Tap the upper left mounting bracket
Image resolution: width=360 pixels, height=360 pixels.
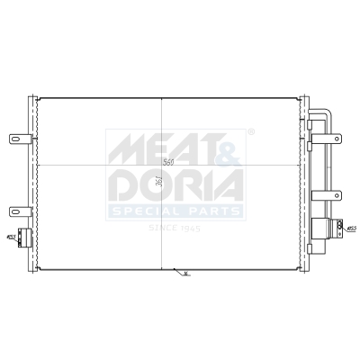pos(19,139)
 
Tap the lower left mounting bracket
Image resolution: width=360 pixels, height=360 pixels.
pos(19,212)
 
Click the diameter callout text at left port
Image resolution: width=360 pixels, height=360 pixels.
pos(10,238)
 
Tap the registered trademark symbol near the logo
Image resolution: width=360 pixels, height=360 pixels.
pos(249,132)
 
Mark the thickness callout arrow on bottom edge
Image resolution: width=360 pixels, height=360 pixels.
pos(184,273)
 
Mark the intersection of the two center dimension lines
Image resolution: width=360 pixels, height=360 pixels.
pos(162,168)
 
